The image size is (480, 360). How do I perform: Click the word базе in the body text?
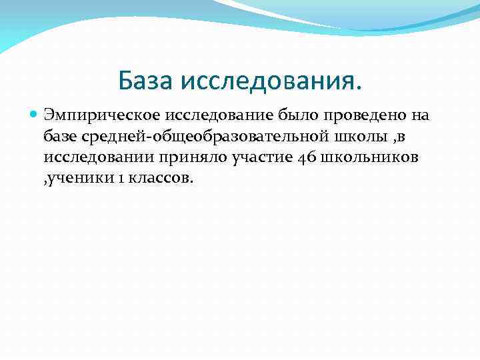60,137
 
